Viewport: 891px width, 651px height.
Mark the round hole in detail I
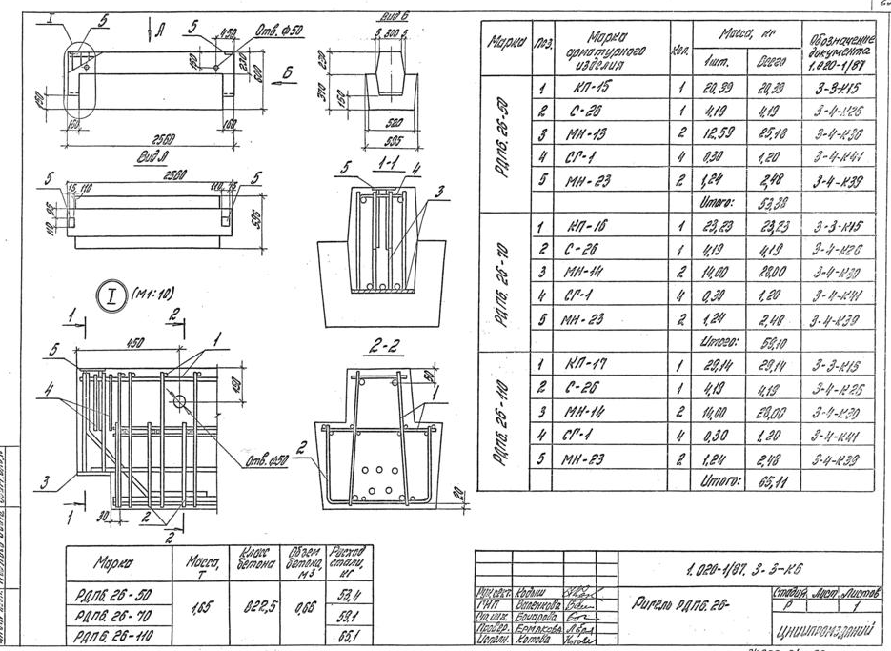(180, 402)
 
